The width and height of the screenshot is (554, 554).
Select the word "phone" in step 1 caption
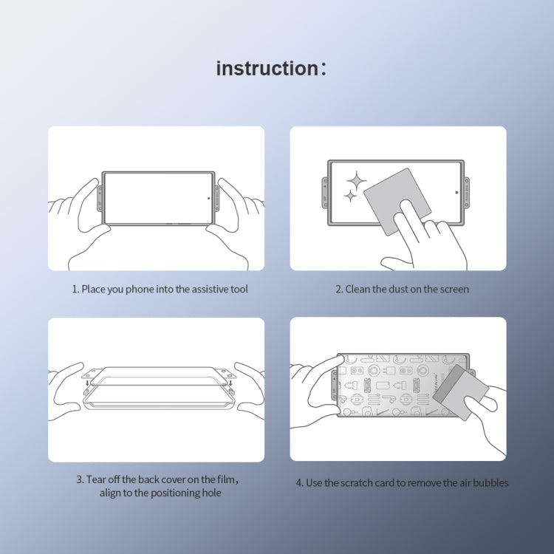tap(136, 289)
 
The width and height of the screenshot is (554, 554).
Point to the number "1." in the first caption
tap(75, 289)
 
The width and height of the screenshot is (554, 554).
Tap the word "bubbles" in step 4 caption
tap(490, 483)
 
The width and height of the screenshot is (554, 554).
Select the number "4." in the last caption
tap(300, 483)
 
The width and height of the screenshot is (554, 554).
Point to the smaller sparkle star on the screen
tap(349, 196)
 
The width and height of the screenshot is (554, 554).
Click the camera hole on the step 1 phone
tap(208, 198)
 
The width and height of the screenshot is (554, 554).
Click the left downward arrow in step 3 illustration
tap(87, 383)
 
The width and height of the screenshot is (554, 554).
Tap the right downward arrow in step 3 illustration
tap(230, 383)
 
